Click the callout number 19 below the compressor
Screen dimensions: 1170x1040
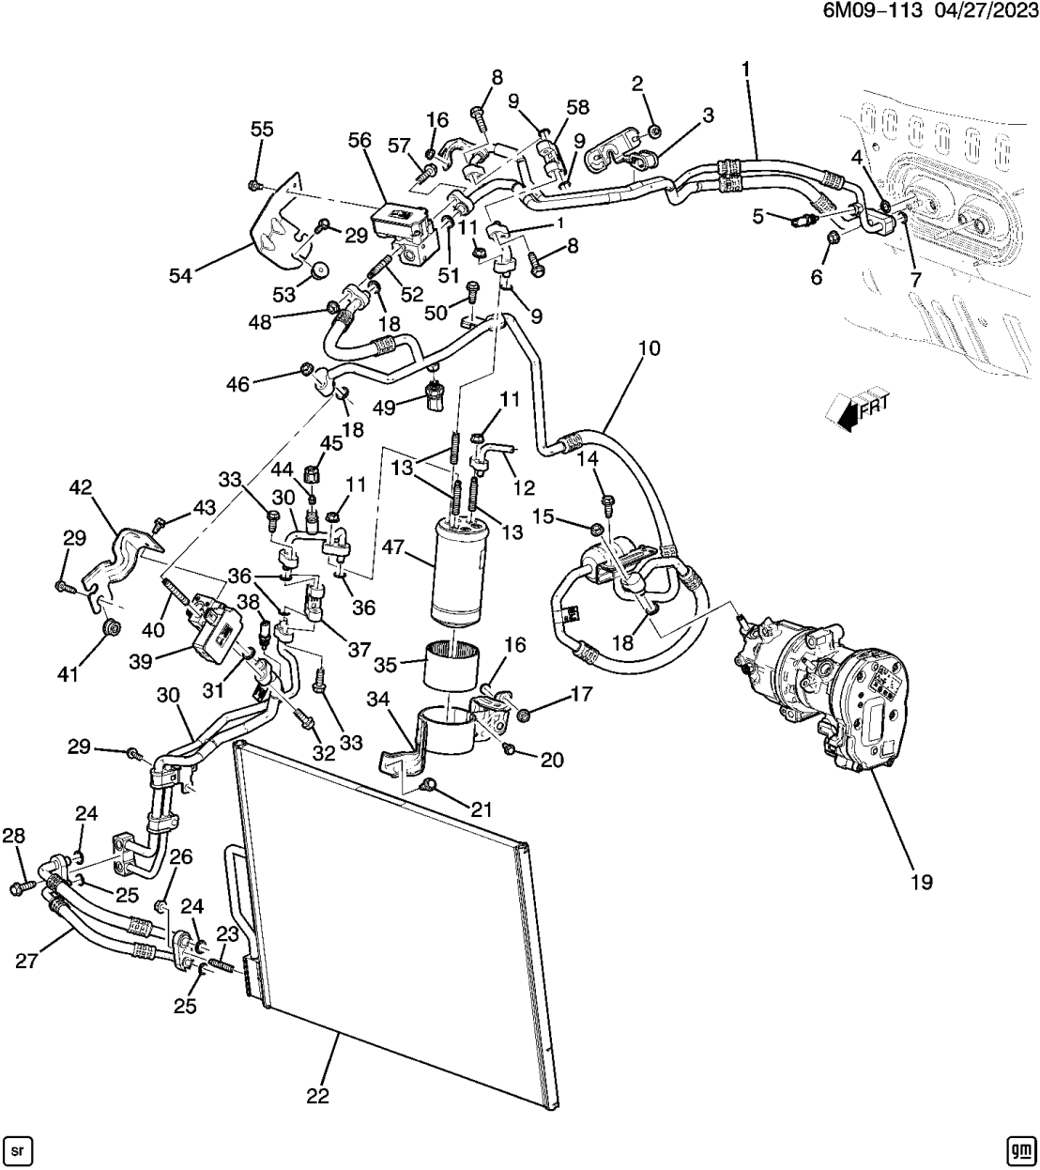[x=921, y=882]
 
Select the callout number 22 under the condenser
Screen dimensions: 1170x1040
[x=317, y=1096]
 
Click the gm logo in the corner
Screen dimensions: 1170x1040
[x=1020, y=1149]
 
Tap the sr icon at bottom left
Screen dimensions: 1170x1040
[x=19, y=1149]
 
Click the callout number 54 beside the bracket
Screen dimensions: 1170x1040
[x=180, y=275]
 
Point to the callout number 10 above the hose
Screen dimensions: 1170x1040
[x=649, y=348]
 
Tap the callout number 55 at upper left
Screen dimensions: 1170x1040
[x=262, y=129]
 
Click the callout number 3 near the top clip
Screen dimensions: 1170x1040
[x=708, y=115]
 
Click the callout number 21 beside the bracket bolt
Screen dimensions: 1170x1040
[x=482, y=810]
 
